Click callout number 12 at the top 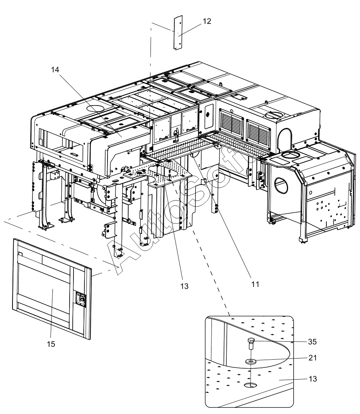click(207, 22)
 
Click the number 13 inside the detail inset click(312, 379)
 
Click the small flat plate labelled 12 click(178, 32)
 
